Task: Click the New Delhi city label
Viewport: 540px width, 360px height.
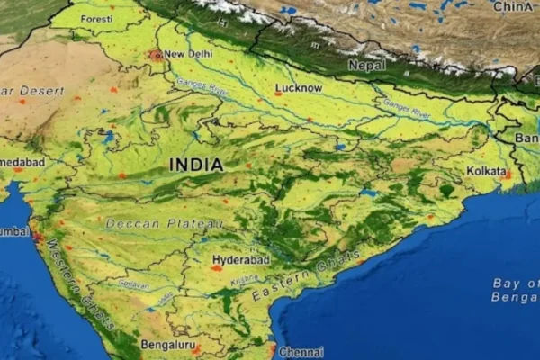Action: coord(187,54)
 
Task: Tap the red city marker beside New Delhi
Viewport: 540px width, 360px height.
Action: coord(157,55)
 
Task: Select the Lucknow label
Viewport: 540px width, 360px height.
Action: coord(299,88)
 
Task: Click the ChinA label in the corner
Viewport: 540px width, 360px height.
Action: coord(513,7)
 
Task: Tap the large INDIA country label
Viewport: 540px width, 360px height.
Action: coord(196,166)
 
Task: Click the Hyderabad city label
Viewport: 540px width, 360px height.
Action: coord(240,261)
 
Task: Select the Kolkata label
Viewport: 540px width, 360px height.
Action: coord(488,170)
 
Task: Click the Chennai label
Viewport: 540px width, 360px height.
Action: coord(301,352)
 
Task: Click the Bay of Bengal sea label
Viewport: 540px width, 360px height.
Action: coord(515,290)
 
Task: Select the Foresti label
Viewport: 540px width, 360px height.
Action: coord(96,19)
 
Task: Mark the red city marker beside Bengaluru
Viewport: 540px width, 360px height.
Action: coord(196,349)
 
